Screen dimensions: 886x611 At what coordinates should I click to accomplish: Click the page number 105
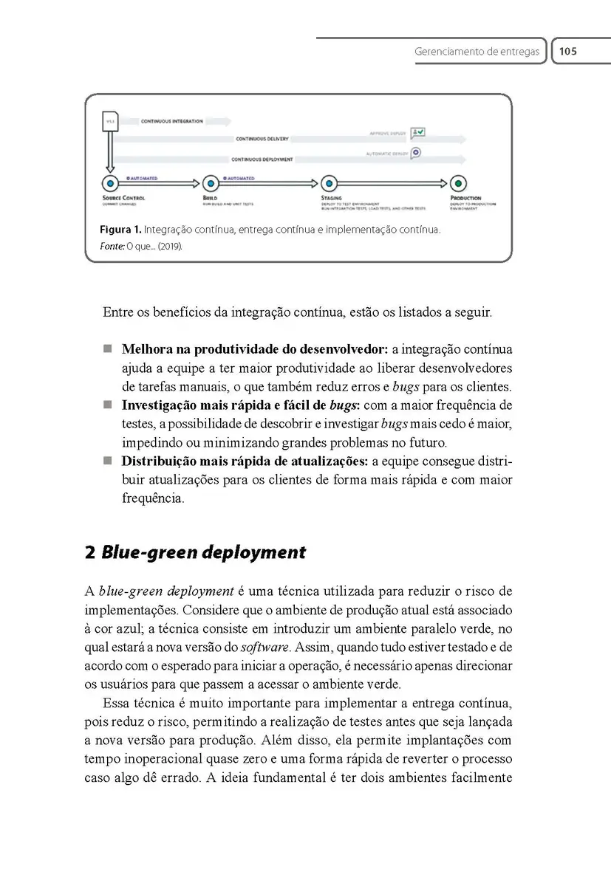(567, 52)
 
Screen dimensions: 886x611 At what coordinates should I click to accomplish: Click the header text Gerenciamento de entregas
(477, 52)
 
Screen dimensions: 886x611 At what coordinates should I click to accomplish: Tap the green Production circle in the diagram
(459, 183)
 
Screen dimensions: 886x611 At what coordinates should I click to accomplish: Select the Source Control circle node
(110, 183)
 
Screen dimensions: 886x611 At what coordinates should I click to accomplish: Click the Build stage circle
(211, 183)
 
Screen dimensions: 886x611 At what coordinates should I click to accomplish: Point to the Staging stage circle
(329, 183)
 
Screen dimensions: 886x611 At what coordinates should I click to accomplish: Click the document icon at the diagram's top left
(110, 122)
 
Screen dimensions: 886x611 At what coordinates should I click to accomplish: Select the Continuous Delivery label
(262, 139)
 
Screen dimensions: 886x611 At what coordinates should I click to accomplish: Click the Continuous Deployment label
(262, 159)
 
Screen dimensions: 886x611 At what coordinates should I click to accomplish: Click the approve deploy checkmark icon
(417, 133)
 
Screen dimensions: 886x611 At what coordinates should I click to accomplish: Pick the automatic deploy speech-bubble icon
(417, 153)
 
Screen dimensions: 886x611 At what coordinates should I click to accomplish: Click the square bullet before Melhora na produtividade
(108, 348)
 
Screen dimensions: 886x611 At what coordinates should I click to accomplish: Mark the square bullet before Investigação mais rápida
(108, 405)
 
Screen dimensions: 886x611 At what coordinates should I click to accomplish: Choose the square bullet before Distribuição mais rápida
(108, 461)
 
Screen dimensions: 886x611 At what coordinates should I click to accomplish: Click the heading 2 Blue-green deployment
(195, 552)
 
